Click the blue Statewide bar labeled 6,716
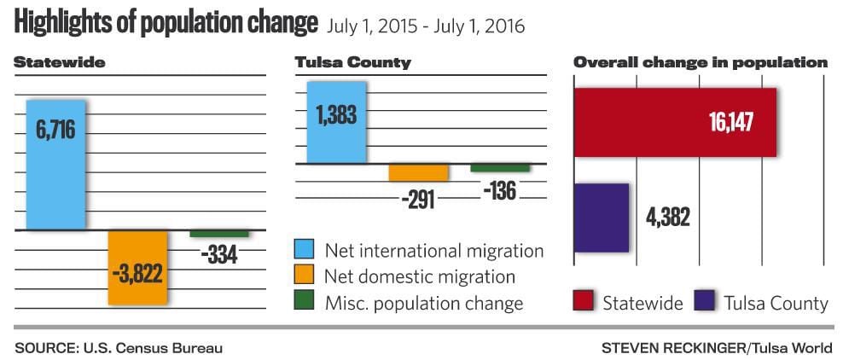tap(55, 164)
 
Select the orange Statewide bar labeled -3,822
tap(137, 267)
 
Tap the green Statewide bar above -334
tap(219, 233)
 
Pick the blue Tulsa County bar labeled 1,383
tap(336, 122)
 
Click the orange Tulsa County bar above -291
tap(418, 171)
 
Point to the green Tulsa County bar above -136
tap(499, 167)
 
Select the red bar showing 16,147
tap(675, 122)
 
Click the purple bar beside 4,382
tap(602, 217)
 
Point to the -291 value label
tap(417, 200)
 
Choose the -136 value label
tap(499, 190)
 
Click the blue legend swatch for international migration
tap(304, 250)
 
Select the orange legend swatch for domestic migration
tap(304, 276)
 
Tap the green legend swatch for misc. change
tap(304, 301)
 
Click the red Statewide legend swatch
tap(583, 301)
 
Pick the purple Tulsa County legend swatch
tap(704, 301)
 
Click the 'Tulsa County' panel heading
tap(352, 62)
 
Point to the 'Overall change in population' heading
tap(701, 62)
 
